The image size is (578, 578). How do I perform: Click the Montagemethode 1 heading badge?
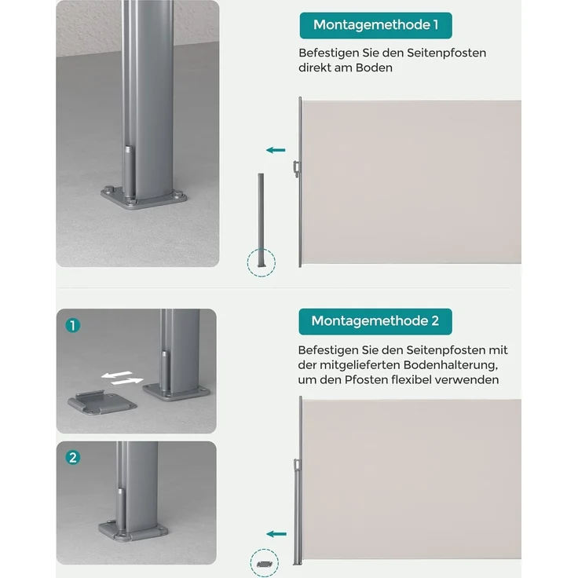point(375,25)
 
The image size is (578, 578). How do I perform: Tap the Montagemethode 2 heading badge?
point(375,320)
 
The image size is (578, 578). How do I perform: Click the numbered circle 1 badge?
point(73,325)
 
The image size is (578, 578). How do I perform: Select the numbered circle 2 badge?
point(73,457)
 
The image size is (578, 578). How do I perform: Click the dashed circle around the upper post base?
point(261,262)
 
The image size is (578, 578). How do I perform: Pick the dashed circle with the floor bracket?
point(264,563)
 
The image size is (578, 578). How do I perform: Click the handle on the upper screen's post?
point(295,167)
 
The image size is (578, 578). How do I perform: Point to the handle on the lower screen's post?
point(295,470)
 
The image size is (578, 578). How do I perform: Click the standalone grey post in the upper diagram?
point(261,220)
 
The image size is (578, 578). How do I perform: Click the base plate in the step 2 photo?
point(132,530)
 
